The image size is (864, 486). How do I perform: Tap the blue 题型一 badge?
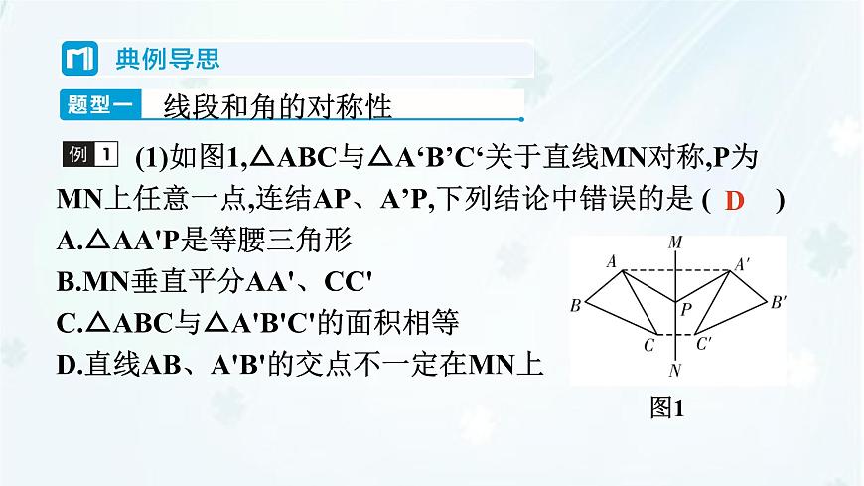tap(94, 105)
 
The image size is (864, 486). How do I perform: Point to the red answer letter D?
tap(735, 200)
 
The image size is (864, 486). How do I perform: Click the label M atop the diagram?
tap(675, 243)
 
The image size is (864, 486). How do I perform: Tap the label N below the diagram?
tap(674, 370)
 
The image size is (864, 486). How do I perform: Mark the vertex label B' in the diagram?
tap(780, 301)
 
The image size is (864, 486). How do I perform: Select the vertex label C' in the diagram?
tap(704, 346)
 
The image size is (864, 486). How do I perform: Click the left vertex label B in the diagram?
tap(575, 304)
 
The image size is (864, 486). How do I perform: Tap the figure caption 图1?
tap(666, 407)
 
